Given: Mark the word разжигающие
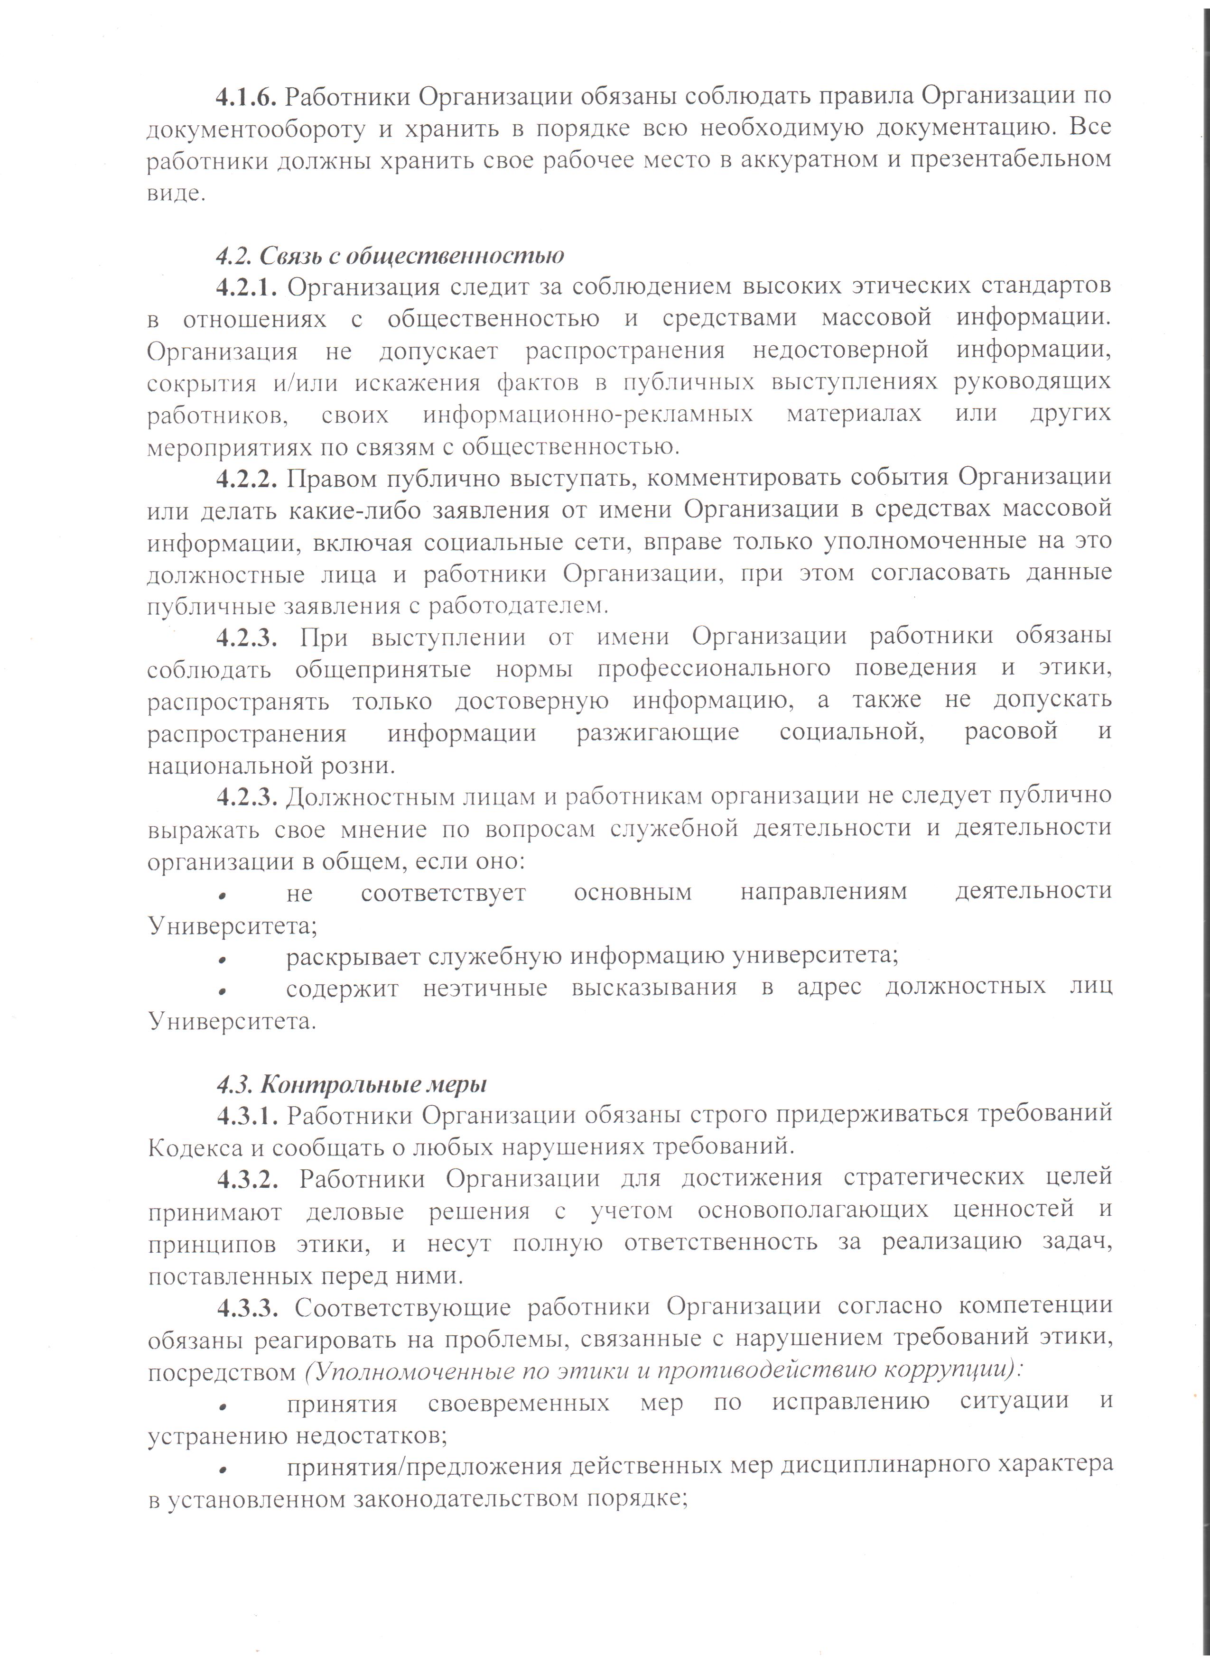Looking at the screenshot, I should pos(658,732).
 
